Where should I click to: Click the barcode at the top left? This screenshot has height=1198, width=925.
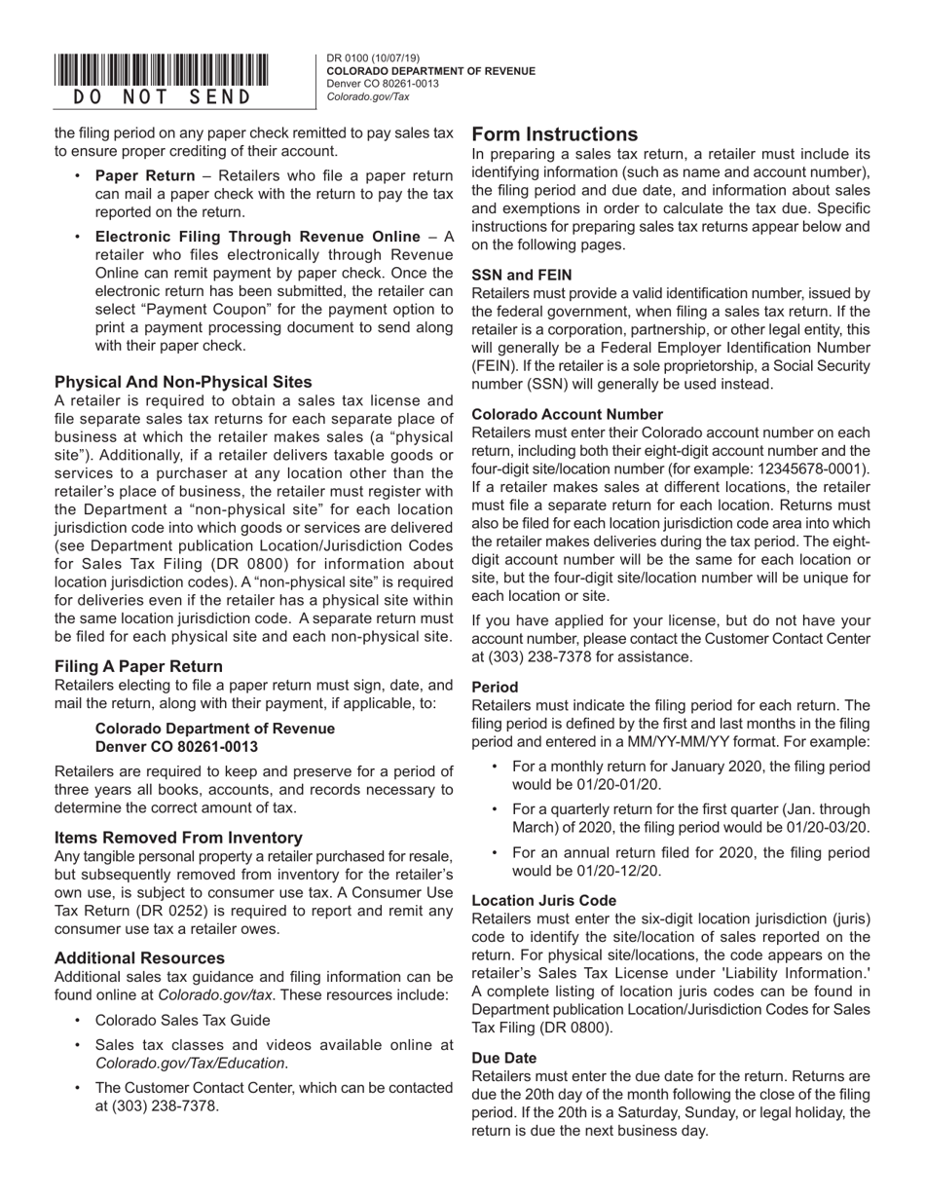coord(162,71)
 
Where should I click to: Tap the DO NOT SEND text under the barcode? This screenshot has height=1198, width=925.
coord(162,97)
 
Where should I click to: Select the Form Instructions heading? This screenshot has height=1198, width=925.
coord(555,134)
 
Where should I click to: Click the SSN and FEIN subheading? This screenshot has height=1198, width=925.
coord(522,275)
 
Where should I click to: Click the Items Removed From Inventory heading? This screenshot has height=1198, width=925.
coord(178,838)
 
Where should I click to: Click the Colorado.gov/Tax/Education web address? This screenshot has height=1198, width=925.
coord(191,1063)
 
